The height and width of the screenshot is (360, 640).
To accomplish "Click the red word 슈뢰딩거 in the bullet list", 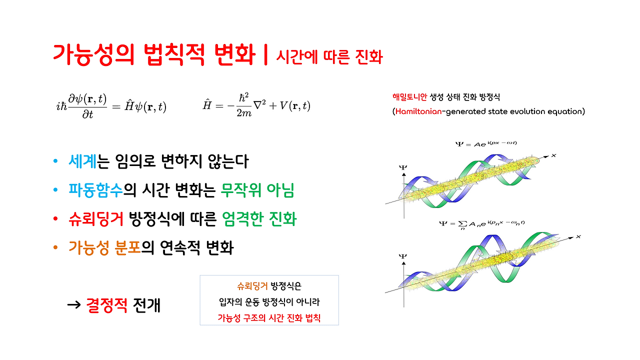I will [96, 219].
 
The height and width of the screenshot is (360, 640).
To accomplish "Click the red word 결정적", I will [107, 305].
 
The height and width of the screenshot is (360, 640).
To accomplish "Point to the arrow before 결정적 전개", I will [74, 304].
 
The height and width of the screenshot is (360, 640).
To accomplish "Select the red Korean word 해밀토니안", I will [410, 97].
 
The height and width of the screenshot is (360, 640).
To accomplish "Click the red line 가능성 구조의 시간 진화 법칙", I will [269, 317].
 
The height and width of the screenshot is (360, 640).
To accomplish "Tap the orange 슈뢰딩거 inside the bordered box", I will [252, 286].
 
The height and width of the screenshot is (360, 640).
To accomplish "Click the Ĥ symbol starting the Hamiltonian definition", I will [206, 105].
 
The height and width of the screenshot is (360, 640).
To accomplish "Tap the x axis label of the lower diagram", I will [578, 236].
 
